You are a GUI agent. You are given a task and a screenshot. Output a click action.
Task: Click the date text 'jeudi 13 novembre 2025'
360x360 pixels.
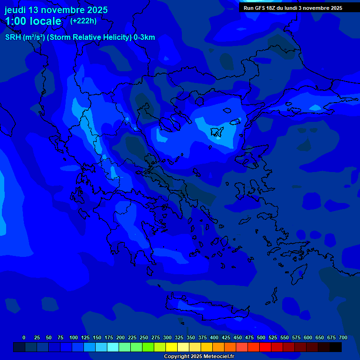coord(56,10)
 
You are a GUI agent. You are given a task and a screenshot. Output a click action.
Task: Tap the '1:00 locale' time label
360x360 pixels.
coord(33,21)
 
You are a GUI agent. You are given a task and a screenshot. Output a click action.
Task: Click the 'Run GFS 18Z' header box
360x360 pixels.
coord(293,8)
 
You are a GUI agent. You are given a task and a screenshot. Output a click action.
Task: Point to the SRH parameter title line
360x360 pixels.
coord(80,37)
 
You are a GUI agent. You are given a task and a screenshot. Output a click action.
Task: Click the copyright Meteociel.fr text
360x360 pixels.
coord(199,357)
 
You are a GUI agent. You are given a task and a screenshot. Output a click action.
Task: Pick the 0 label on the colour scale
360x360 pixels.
coord(24,337)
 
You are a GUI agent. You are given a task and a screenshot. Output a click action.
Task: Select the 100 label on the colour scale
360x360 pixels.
coord(74,337)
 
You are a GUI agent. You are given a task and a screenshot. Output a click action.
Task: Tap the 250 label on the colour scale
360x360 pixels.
coord(144,337)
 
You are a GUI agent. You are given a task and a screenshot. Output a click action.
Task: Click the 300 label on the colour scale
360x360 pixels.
coord(167,337)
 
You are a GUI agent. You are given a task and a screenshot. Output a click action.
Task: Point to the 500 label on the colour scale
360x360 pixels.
coord(261,337)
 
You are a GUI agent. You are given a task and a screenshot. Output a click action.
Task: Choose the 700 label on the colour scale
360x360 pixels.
coord(343,337)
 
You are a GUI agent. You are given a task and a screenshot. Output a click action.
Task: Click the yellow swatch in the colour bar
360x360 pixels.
coord(172,347)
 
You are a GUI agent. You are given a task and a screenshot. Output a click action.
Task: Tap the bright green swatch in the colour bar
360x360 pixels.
coord(148,347)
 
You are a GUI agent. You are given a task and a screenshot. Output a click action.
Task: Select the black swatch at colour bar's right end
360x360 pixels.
coord(336,347)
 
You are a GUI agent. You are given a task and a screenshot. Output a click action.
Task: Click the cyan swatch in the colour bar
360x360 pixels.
coord(113,347)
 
